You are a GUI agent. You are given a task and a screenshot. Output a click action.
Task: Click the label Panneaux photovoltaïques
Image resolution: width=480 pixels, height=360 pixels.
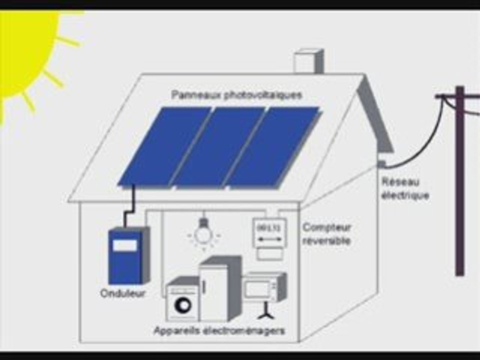[x=236, y=95]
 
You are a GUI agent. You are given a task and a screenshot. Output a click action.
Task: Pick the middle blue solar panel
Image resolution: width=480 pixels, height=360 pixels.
[x=218, y=147]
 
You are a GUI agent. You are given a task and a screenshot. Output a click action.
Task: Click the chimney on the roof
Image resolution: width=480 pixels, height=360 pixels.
[x=308, y=61]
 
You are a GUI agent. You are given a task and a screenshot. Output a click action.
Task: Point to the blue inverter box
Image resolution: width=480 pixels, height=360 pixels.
[x=128, y=255]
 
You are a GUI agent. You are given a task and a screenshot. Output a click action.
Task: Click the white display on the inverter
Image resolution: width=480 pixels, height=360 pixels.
[x=125, y=245]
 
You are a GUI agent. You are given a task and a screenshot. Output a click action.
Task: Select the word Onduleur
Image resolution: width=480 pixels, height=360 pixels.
[x=123, y=293]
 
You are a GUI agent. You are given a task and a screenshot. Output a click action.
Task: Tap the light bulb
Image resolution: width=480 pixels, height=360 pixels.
[x=203, y=232]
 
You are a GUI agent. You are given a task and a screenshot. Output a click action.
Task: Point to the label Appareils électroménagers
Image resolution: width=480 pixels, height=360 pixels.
[x=219, y=330]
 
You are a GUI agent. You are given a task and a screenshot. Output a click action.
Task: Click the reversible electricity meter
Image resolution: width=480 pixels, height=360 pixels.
[x=269, y=239]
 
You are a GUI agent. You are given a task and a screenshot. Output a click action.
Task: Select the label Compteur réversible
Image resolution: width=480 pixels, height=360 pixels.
[x=326, y=234]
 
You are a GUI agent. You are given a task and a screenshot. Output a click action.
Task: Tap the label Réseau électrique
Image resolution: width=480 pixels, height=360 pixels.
[x=405, y=188]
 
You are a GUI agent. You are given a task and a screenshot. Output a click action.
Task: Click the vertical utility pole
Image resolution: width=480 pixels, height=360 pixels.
[x=460, y=181]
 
